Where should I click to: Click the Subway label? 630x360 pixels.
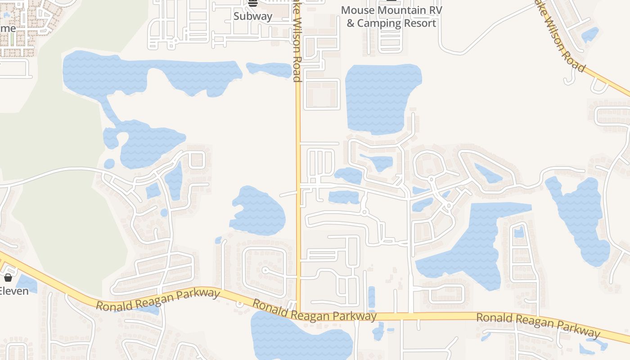253,16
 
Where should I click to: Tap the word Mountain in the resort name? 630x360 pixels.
402,10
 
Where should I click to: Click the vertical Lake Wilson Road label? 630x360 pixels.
296,43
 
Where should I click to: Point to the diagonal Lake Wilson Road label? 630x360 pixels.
560,38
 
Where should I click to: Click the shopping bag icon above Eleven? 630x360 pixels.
8,278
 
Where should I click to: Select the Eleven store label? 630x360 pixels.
13,291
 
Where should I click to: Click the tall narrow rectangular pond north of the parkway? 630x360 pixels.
371,297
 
